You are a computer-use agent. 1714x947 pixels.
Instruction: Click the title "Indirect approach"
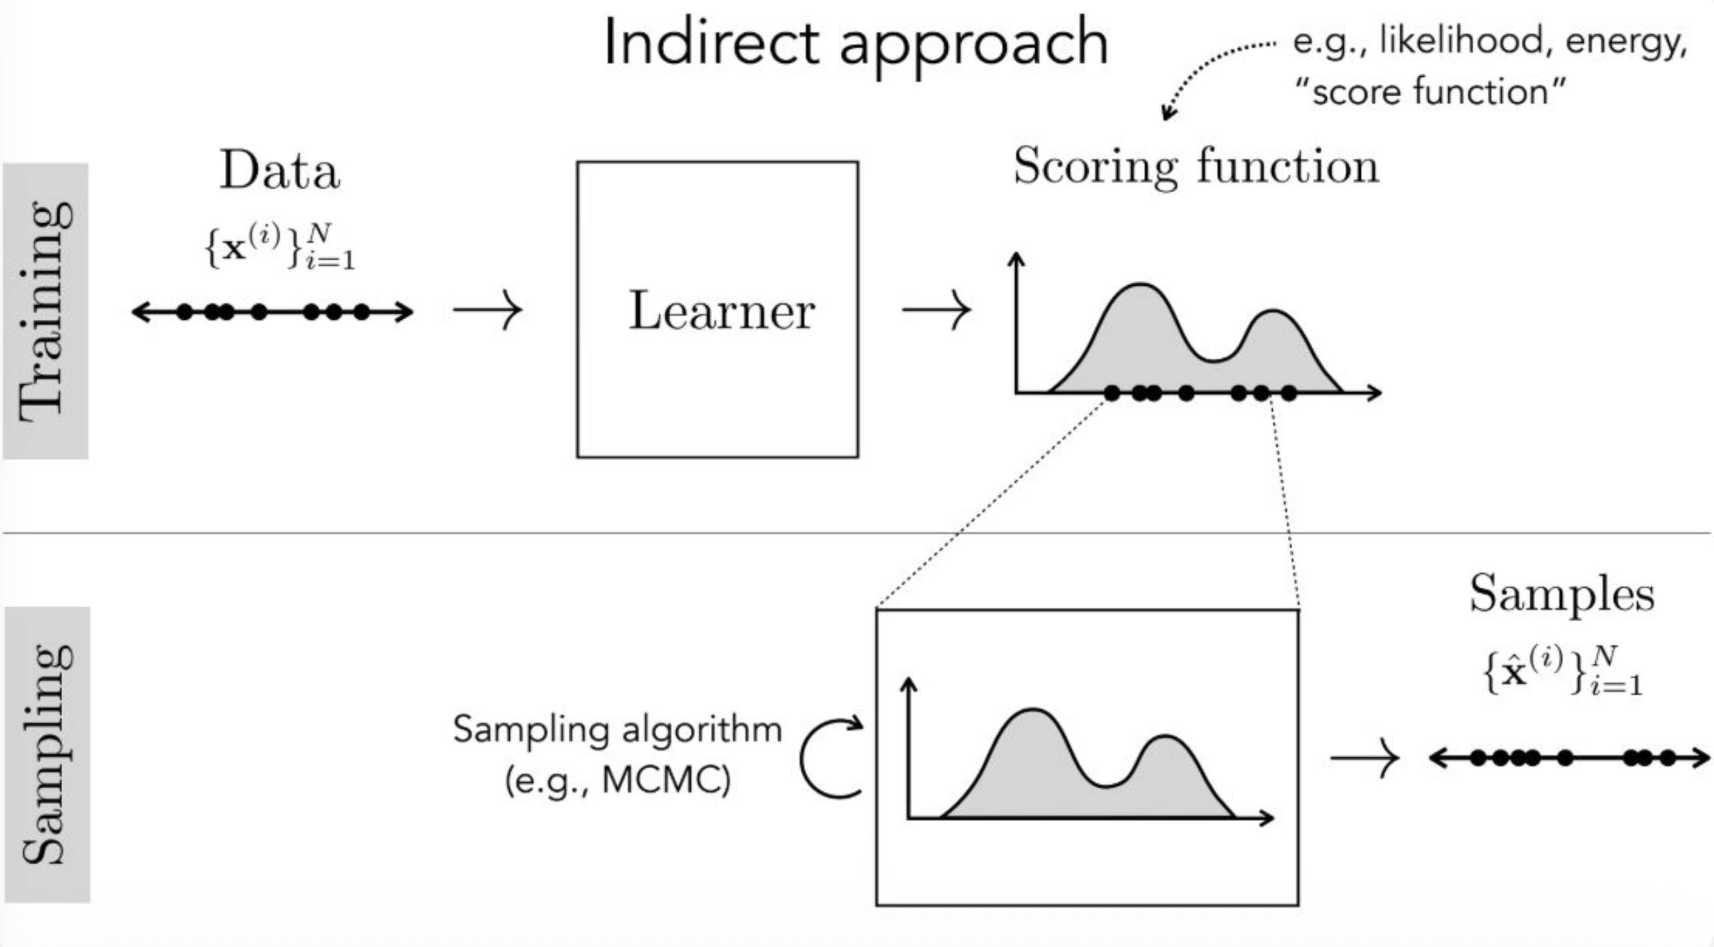click(856, 44)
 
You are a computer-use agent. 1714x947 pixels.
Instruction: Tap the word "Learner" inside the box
click(721, 311)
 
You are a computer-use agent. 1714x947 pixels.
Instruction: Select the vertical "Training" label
click(45, 311)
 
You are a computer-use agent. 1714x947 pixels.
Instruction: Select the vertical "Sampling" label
click(47, 755)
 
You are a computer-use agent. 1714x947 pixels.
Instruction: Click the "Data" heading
click(280, 171)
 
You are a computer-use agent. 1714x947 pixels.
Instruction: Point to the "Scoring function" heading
click(1196, 167)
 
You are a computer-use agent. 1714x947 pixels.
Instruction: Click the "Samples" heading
click(1562, 594)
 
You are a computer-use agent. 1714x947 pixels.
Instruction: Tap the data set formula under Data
click(280, 247)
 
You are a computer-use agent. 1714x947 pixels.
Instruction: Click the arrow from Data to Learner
click(488, 311)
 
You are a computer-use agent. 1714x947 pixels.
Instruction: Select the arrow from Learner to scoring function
click(936, 311)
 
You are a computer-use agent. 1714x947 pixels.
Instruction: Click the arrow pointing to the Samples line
click(1364, 758)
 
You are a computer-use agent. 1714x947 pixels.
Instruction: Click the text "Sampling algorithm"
click(617, 729)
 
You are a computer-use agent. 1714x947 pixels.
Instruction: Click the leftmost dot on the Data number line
click(185, 312)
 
